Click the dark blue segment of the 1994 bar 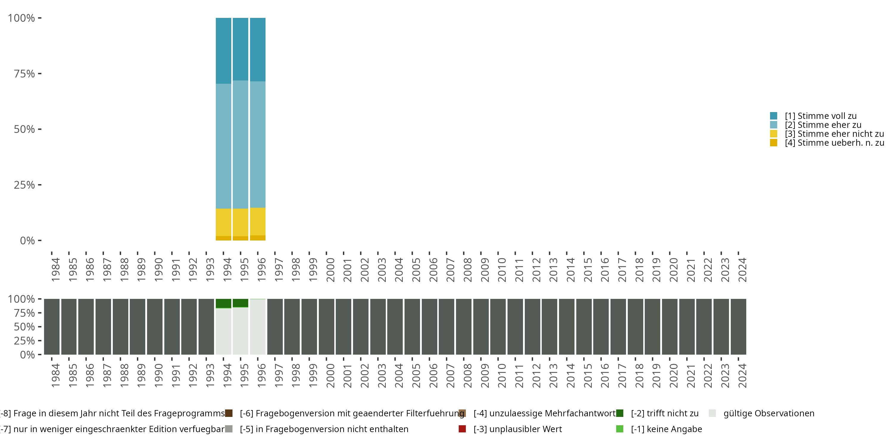[223, 51]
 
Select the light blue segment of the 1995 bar [240, 144]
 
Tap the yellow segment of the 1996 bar [257, 221]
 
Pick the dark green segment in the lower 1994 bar [223, 303]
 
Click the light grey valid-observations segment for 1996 [257, 327]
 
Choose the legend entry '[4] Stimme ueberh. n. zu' [834, 143]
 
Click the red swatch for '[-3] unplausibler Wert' [462, 429]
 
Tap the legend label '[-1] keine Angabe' [666, 429]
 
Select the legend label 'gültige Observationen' [769, 413]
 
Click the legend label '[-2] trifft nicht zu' [665, 413]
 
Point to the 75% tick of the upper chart [40, 74]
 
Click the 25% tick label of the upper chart [24, 185]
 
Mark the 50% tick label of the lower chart [24, 327]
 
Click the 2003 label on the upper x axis [382, 270]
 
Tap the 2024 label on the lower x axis [742, 375]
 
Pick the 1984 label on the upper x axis [55, 270]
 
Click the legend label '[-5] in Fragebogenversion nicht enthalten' [324, 429]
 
